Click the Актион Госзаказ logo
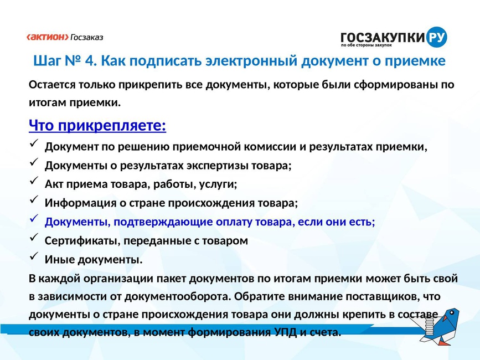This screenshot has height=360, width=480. pyautogui.click(x=65, y=37)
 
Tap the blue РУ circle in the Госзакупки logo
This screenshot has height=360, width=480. pyautogui.click(x=436, y=37)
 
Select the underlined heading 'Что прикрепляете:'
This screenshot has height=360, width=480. pyautogui.click(x=97, y=125)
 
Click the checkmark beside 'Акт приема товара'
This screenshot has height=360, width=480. pyautogui.click(x=34, y=181)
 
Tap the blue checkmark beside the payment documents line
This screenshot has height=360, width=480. pyautogui.click(x=34, y=218)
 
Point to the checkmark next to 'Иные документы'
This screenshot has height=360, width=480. pyautogui.click(x=34, y=256)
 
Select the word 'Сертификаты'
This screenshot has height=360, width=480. pyautogui.click(x=82, y=240)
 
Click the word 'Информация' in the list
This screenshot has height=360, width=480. pyautogui.click(x=80, y=203)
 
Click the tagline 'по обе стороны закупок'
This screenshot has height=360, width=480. pyautogui.click(x=367, y=45)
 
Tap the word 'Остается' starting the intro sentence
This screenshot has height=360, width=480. pyautogui.click(x=52, y=85)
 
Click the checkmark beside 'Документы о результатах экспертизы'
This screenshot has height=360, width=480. pyautogui.click(x=34, y=162)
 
